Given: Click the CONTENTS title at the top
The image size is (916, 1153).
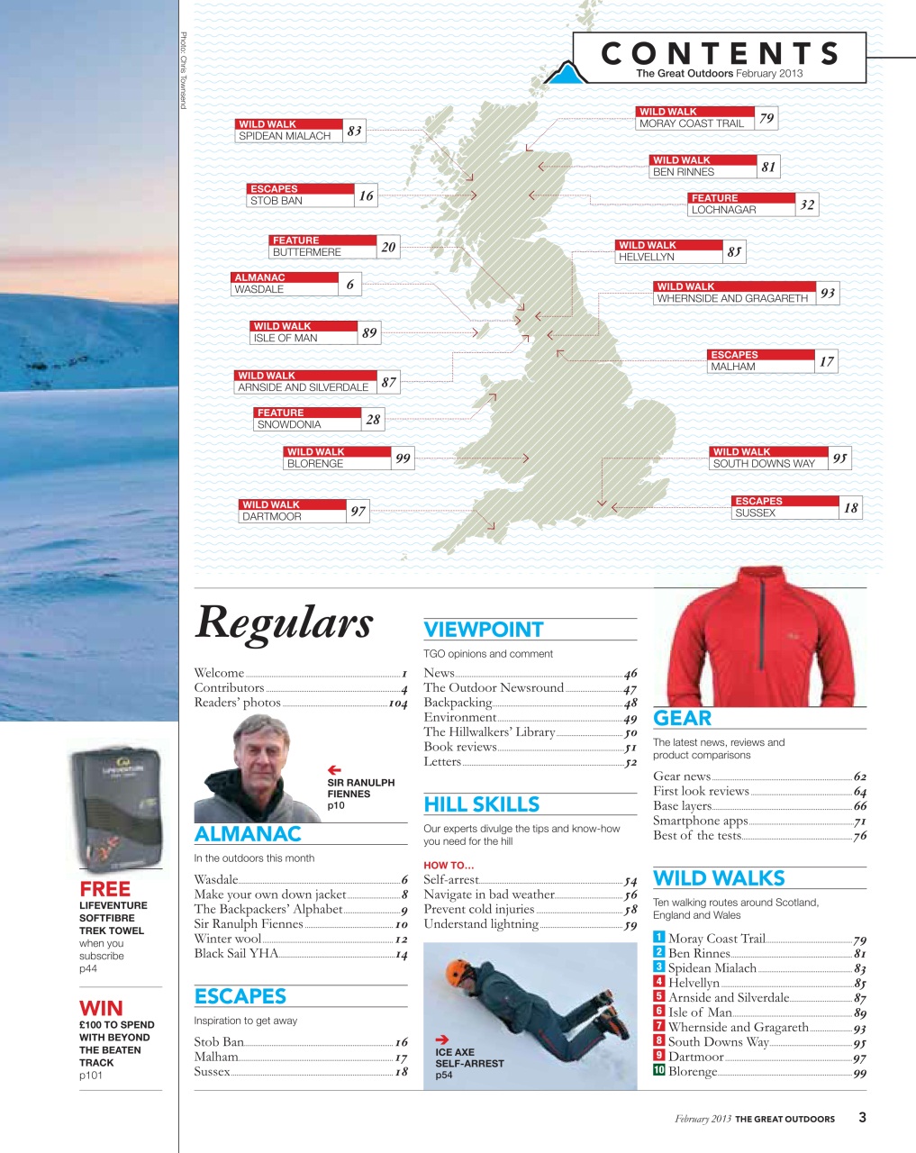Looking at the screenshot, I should pyautogui.click(x=720, y=53).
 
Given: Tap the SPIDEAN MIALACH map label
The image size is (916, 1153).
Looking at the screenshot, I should pyautogui.click(x=285, y=136).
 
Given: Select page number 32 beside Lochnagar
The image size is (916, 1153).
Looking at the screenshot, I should pyautogui.click(x=807, y=204).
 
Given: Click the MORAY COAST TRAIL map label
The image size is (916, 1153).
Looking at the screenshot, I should pyautogui.click(x=691, y=123).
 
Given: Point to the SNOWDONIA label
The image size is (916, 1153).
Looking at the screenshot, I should pyautogui.click(x=289, y=424).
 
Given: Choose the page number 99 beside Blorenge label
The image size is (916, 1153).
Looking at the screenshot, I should pyautogui.click(x=403, y=458).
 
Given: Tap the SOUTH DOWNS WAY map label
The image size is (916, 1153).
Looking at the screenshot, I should pyautogui.click(x=763, y=464).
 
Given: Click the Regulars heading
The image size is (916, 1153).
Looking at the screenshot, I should pyautogui.click(x=284, y=622).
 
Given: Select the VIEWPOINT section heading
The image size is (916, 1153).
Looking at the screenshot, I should pyautogui.click(x=484, y=630).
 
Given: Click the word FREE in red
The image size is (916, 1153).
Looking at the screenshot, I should pyautogui.click(x=104, y=889).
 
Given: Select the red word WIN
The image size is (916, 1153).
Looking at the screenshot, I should pyautogui.click(x=101, y=1008).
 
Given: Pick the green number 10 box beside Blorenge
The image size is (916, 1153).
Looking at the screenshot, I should pyautogui.click(x=659, y=1070).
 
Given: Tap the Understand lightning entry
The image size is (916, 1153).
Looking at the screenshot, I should pyautogui.click(x=481, y=924).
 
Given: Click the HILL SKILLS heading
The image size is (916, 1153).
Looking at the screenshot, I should pyautogui.click(x=482, y=804).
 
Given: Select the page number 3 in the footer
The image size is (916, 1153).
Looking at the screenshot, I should pyautogui.click(x=862, y=1117).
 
